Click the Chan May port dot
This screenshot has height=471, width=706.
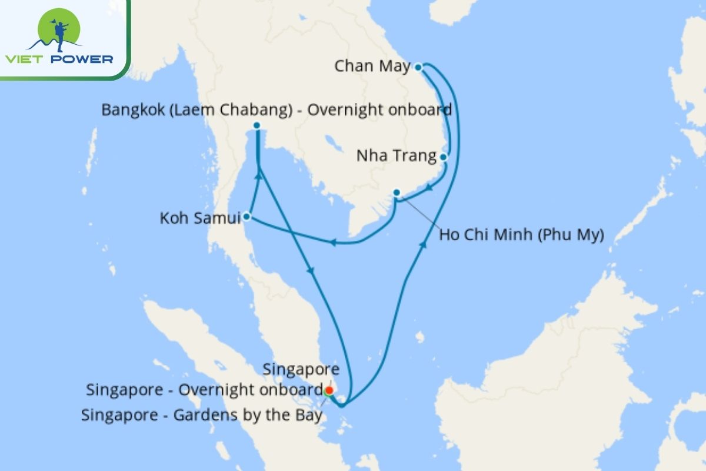click(418, 67)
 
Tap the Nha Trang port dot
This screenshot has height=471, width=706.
click(443, 157)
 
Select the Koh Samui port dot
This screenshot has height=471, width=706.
click(247, 217)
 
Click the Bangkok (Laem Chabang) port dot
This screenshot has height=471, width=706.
click(257, 125)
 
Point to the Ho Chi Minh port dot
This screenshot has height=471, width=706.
click(397, 192)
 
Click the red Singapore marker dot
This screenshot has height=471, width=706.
click(329, 390)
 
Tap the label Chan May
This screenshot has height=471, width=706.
click(372, 67)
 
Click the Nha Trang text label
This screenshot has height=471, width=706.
click(397, 157)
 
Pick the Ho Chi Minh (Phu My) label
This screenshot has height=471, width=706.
click(522, 235)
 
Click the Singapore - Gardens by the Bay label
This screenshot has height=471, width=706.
click(202, 415)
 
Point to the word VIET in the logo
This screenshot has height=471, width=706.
click(25, 59)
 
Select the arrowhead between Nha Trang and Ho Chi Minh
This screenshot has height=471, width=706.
click(429, 188)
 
